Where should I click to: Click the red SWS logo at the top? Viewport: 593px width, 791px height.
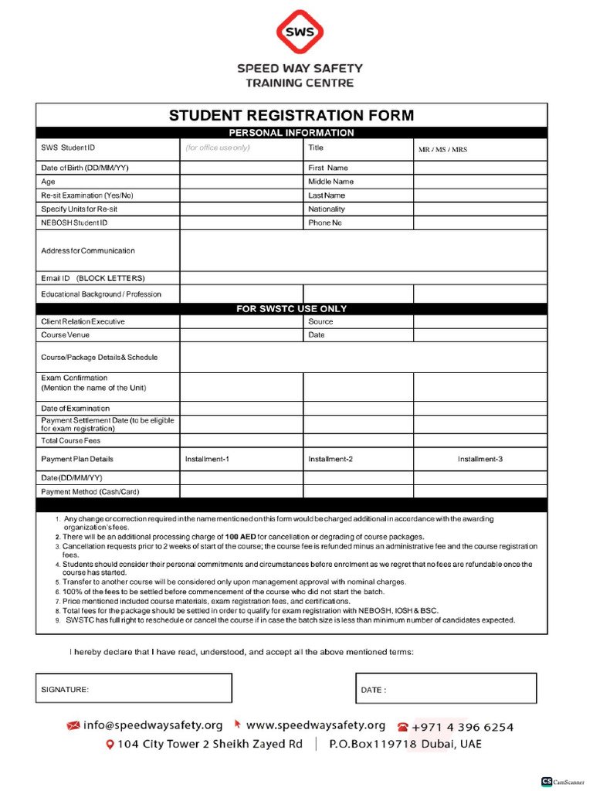tap(300, 32)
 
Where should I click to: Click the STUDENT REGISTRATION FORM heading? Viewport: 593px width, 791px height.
tap(291, 116)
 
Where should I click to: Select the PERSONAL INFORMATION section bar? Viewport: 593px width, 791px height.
tap(291, 133)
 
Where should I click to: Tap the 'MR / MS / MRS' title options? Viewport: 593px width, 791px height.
tap(442, 150)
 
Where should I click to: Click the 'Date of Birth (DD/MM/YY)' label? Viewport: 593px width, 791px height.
tap(85, 168)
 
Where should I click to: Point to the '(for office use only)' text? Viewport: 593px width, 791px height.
tap(218, 148)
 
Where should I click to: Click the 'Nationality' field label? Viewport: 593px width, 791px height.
tap(327, 209)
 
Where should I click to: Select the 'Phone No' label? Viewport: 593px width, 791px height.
tap(325, 223)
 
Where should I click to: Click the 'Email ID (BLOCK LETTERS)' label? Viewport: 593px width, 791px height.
tap(93, 278)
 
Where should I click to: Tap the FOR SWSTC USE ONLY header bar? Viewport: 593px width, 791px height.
tap(291, 309)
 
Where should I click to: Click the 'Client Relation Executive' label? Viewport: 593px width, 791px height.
tap(83, 321)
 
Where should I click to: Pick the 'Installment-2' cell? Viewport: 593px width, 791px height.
tap(330, 460)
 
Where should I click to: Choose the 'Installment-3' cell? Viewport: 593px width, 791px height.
tap(479, 460)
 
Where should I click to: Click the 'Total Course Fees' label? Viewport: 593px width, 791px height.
tap(71, 441)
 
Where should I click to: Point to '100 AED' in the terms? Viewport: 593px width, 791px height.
tap(241, 537)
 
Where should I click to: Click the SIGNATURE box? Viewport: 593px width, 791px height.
tap(134, 688)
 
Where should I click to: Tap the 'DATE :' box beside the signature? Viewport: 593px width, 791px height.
tap(446, 688)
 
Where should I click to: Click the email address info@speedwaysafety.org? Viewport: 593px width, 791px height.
tap(153, 725)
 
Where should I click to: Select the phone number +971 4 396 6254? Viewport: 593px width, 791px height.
tap(462, 727)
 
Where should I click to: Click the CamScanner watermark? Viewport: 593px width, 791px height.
tap(563, 782)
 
